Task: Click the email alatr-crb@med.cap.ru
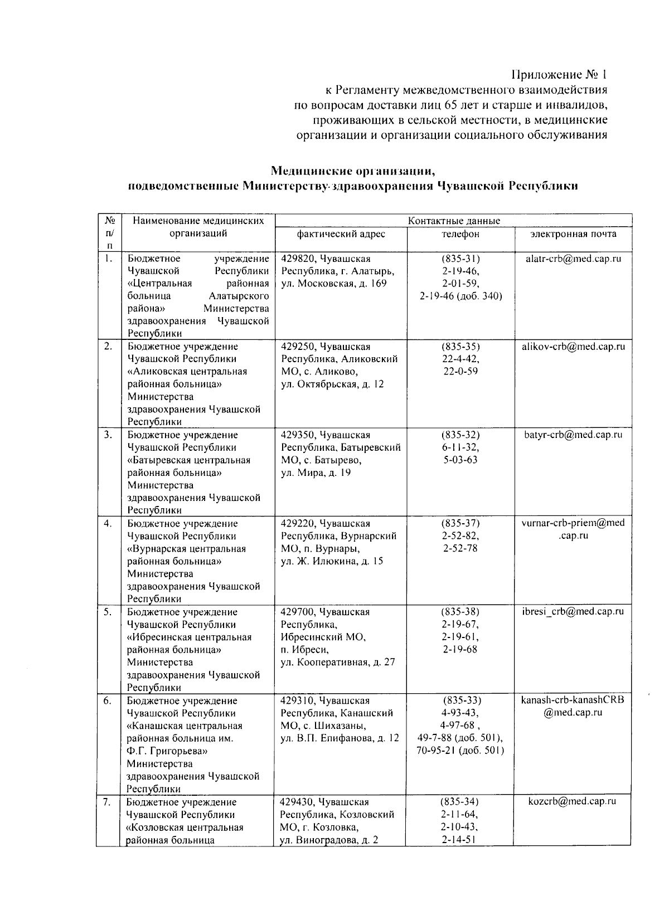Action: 573,259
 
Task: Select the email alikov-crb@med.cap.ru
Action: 573,347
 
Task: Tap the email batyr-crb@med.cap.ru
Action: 573,435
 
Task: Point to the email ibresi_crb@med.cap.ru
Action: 573,611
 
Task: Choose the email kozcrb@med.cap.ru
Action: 572,801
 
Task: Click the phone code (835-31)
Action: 460,259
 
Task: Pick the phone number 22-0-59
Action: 460,371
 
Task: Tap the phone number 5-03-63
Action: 460,460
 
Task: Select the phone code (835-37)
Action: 460,523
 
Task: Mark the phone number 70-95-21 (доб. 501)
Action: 460,750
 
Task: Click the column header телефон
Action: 460,234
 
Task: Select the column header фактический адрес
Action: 341,234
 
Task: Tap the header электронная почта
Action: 573,234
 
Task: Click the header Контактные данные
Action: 454,221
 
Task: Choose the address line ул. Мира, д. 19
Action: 316,473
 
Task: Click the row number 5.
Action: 108,612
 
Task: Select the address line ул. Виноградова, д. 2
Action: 329,840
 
